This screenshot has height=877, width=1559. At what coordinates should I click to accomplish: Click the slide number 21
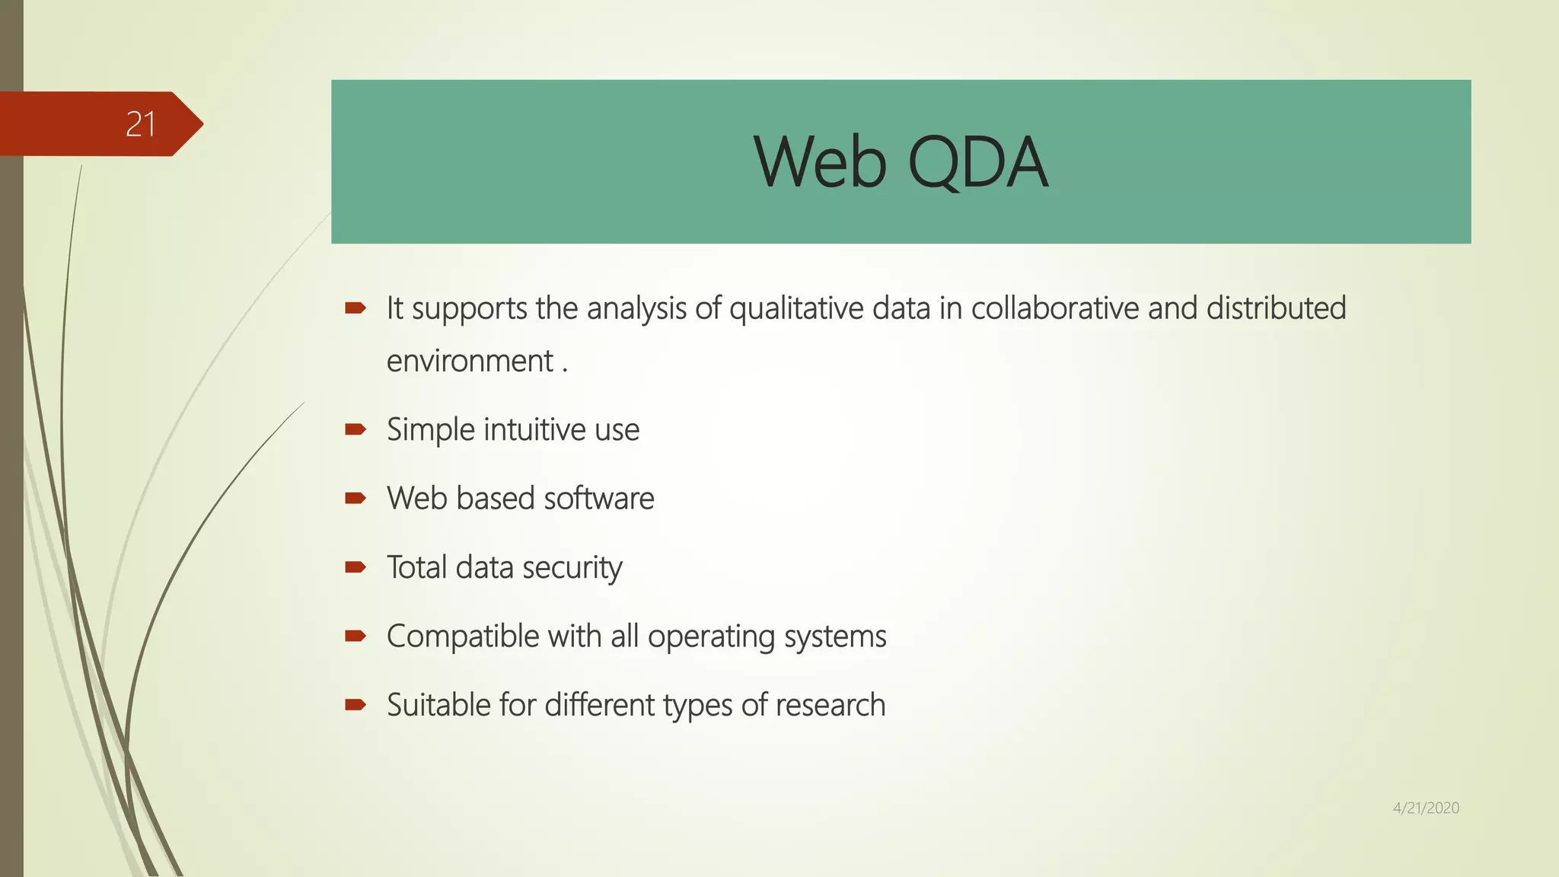pyautogui.click(x=141, y=124)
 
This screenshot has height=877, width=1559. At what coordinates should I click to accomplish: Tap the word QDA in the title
pyautogui.click(x=978, y=162)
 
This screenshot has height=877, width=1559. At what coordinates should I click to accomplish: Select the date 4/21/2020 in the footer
pyautogui.click(x=1426, y=808)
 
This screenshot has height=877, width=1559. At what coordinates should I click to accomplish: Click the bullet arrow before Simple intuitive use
pyautogui.click(x=355, y=429)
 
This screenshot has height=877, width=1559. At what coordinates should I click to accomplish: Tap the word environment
pyautogui.click(x=470, y=361)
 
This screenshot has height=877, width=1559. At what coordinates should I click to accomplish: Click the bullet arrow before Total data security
pyautogui.click(x=355, y=567)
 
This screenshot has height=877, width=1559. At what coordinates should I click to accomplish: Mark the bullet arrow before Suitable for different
pyautogui.click(x=355, y=705)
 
